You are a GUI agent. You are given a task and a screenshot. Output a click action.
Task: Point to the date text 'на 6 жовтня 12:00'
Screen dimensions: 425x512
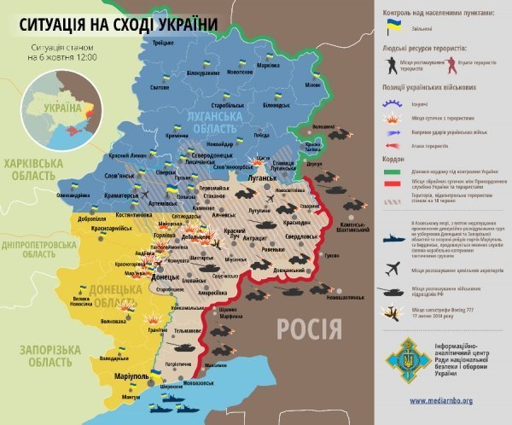coord(62,57)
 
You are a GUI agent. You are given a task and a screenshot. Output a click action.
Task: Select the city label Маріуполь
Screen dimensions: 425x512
coord(127,375)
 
